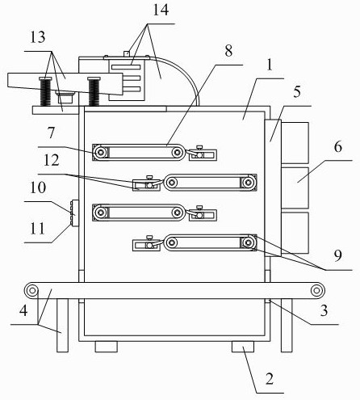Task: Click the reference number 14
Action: point(161,10)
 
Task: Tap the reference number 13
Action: point(37,37)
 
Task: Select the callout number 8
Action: point(228,51)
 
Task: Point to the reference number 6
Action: point(338,147)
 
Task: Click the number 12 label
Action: point(51,160)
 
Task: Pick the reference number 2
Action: point(270,378)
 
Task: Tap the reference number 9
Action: point(338,255)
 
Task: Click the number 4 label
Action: point(23,310)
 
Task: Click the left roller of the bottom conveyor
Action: point(31,291)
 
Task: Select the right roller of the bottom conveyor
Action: point(316,291)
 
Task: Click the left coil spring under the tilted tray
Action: point(45,91)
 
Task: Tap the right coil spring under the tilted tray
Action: point(94,91)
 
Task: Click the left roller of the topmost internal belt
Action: point(101,153)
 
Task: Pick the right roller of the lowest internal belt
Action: point(248,243)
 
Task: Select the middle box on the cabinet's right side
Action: point(295,187)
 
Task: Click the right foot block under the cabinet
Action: point(243,347)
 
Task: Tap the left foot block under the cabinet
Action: point(107,347)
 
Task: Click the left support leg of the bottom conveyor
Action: point(62,326)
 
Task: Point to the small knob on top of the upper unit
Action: point(126,53)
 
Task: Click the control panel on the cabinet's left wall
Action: point(74,213)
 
